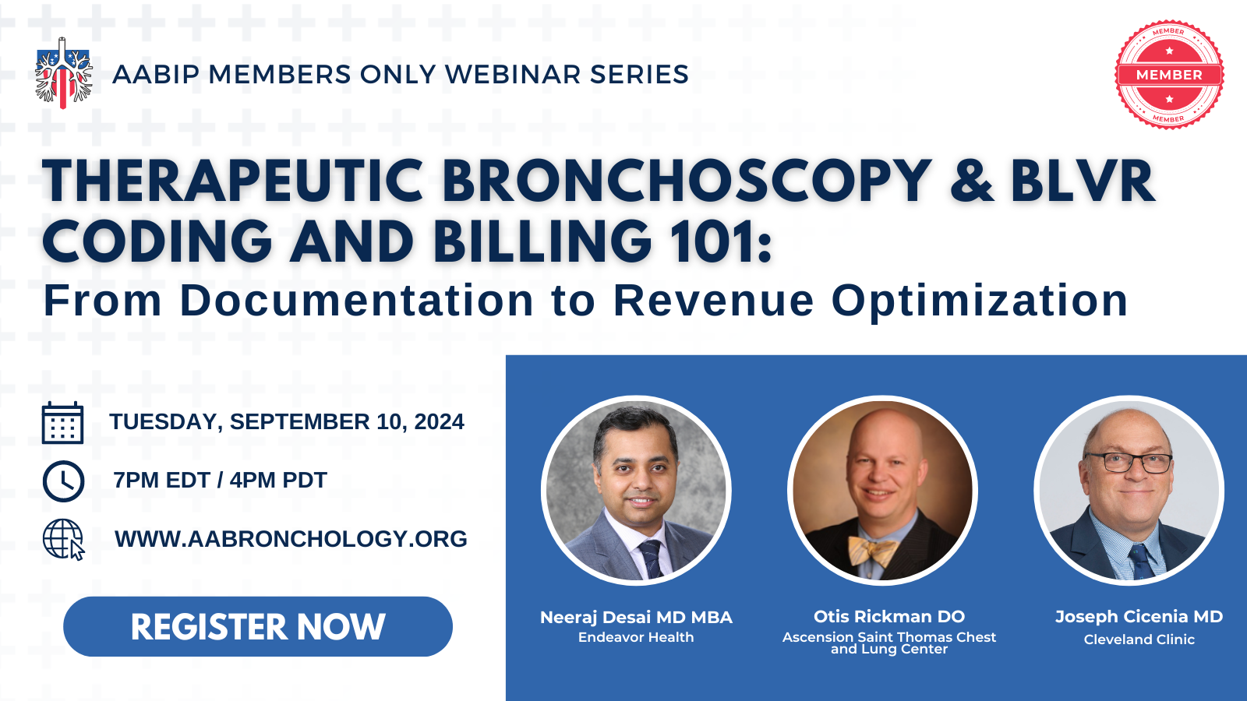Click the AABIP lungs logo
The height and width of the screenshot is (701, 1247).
point(63,73)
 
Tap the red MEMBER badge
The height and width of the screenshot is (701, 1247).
point(1169,75)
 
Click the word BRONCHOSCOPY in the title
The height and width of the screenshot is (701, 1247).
point(687,181)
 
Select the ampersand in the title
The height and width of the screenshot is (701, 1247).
point(971,181)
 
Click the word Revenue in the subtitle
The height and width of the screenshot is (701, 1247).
point(714,301)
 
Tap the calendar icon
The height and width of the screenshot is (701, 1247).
point(63,423)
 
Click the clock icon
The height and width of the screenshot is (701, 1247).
point(63,481)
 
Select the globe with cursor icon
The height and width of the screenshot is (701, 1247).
point(63,539)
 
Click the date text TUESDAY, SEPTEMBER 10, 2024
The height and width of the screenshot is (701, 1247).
point(287,421)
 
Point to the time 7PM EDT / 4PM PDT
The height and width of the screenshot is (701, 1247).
point(220,480)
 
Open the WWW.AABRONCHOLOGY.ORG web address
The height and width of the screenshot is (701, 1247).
point(291,538)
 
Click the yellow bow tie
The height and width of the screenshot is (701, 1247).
point(872,550)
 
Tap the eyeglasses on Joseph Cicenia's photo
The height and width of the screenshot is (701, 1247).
point(1129,463)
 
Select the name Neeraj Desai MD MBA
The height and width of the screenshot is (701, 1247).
point(636,617)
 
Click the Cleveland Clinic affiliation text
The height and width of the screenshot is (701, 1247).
point(1139,639)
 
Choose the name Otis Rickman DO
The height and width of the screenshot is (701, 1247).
point(889,616)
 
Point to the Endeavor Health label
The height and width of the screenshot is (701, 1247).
point(636,637)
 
